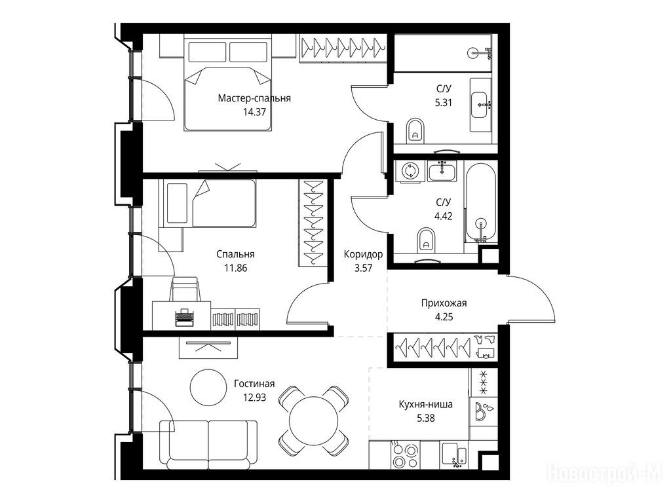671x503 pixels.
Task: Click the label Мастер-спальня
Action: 254,98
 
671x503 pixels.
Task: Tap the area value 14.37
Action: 254,113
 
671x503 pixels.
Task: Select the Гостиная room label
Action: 254,384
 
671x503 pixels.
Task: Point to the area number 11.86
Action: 235,268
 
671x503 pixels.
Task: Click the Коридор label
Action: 363,255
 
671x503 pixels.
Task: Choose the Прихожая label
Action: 444,303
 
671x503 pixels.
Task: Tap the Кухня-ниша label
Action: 425,404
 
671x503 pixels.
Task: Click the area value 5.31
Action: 444,103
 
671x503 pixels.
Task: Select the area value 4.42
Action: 444,216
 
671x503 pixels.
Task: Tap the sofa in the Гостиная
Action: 208,445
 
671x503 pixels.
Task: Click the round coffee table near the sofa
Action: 208,387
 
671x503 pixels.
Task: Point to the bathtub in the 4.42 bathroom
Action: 481,202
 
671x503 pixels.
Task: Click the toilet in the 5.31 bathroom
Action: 415,130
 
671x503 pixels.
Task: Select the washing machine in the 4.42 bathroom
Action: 410,171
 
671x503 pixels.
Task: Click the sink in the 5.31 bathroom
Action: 481,104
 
